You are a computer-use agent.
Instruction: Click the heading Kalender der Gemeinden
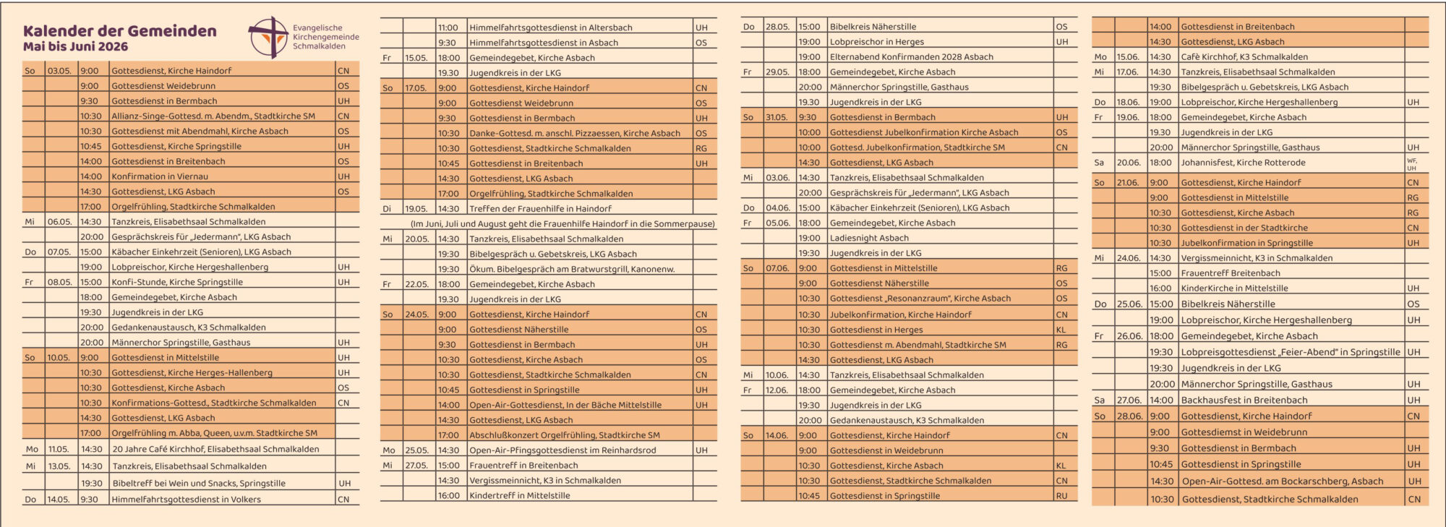(120, 31)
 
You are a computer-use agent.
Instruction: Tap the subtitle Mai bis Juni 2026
(76, 47)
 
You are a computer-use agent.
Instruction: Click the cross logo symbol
(268, 37)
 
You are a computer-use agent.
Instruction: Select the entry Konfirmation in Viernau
(160, 176)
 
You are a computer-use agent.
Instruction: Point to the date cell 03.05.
(59, 71)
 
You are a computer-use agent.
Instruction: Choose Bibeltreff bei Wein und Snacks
(199, 484)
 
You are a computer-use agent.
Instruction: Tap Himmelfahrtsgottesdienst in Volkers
(186, 500)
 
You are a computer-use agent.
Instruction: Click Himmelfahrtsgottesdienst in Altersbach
(551, 27)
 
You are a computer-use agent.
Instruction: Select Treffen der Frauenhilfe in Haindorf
(540, 209)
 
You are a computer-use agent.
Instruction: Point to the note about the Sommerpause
(562, 224)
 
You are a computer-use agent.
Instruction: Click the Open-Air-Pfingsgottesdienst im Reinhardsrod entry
(562, 450)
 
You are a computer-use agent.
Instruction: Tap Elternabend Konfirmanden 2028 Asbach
(911, 57)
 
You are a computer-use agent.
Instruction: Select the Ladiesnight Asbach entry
(869, 238)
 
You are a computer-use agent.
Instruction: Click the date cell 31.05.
(777, 117)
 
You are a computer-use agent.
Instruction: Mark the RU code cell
(1061, 496)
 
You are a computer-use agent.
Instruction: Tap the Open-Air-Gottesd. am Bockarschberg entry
(1283, 481)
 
